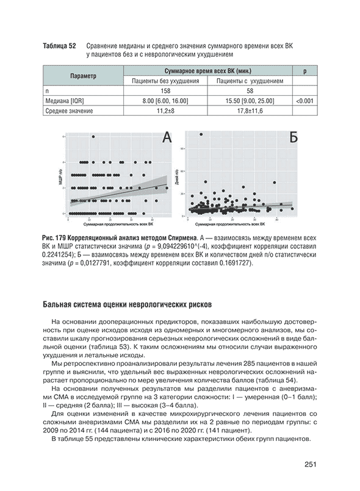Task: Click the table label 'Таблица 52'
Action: (x=59, y=46)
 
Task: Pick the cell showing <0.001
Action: (x=304, y=101)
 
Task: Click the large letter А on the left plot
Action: (x=166, y=139)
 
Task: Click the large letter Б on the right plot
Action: (x=293, y=139)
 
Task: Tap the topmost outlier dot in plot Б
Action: (x=201, y=134)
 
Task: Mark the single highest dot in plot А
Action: (x=93, y=137)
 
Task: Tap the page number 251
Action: (x=309, y=465)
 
